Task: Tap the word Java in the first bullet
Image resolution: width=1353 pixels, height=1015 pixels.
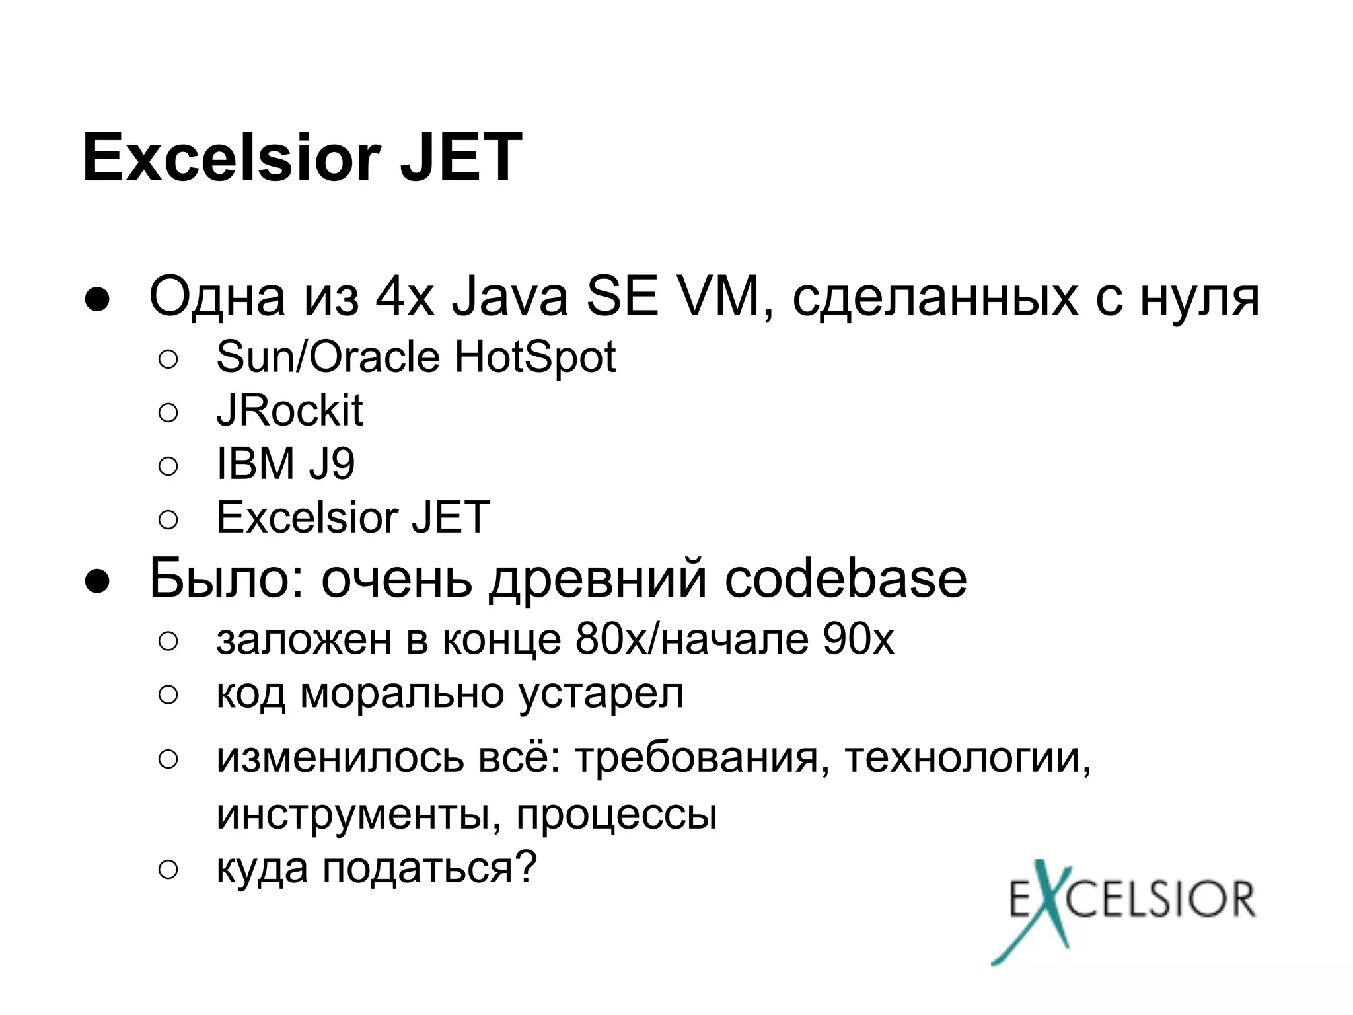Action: click(x=509, y=297)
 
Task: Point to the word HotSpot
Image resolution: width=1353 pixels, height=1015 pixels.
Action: click(x=534, y=357)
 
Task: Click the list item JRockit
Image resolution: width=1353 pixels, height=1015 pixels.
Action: click(x=289, y=411)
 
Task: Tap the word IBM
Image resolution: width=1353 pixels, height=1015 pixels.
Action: click(x=255, y=464)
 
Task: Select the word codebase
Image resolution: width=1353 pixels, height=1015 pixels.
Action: click(x=846, y=579)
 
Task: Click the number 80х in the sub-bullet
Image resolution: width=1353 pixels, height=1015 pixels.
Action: click(x=612, y=639)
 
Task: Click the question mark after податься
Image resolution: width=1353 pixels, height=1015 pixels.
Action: click(x=526, y=867)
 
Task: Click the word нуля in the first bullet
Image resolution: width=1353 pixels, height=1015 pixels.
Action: click(x=1199, y=297)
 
